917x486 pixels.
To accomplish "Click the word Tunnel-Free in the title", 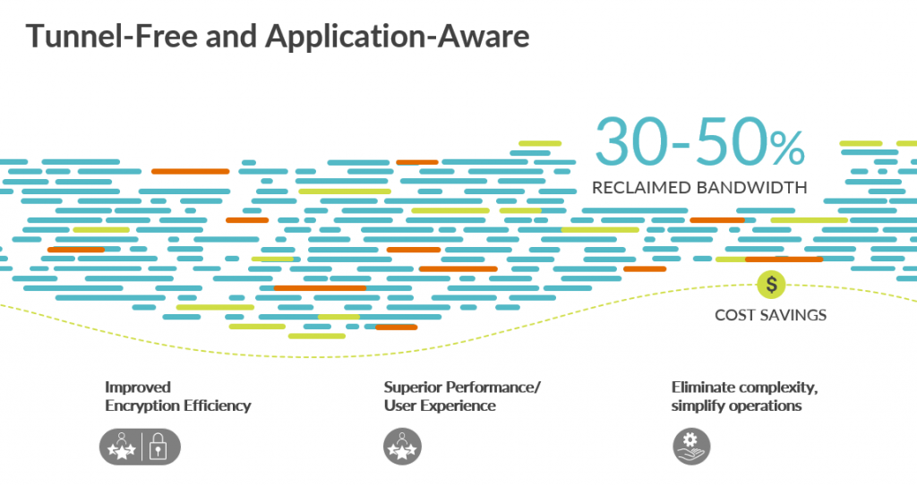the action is (112, 36).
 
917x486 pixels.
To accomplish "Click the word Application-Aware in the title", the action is (397, 37).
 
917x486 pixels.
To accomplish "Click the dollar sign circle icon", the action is (771, 285).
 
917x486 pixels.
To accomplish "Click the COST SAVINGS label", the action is (771, 315).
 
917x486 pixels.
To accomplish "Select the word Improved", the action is (138, 388).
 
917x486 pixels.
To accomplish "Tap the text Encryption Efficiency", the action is (178, 405).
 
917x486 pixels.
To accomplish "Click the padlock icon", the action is (158, 447).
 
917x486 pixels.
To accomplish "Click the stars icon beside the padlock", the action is (122, 447).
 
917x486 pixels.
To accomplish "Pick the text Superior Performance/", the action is (462, 388).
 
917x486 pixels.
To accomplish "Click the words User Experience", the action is (440, 405).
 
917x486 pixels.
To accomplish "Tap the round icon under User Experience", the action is (402, 447).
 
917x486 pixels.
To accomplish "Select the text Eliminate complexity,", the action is (744, 388).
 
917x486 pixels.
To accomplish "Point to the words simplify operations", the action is (736, 405).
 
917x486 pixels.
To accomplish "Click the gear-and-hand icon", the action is (691, 447).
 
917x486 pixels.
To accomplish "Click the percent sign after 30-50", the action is (787, 149).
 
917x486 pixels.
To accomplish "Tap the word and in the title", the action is (231, 36).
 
